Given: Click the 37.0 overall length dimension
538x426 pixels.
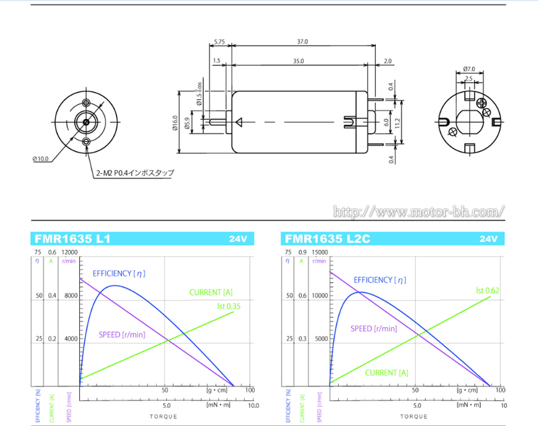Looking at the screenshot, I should (303, 42).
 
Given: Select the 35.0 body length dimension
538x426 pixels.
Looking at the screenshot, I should (298, 61).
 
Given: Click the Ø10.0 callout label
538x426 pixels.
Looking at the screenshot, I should (40, 159).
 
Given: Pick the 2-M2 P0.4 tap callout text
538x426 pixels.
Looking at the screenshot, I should (134, 173).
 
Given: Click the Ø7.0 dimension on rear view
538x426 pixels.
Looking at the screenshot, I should (469, 69).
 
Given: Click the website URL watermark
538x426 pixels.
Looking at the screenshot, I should (419, 212).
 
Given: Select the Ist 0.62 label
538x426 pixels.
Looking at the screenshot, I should (488, 290).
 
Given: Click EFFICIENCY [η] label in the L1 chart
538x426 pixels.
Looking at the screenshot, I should (119, 273).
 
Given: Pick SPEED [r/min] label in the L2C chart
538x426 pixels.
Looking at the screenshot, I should (373, 329).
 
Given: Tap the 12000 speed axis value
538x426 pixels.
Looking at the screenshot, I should (71, 253).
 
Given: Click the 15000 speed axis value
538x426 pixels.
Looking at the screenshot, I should (321, 253).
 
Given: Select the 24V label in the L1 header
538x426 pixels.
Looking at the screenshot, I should (238, 239).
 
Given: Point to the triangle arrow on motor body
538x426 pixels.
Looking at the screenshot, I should (239, 122).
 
